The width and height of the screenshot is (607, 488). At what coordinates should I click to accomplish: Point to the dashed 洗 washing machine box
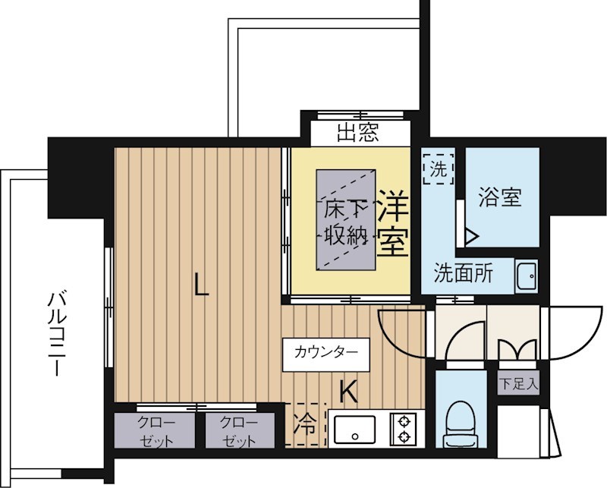[x=438, y=169]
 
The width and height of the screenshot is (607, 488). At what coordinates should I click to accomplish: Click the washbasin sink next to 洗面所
[x=524, y=275]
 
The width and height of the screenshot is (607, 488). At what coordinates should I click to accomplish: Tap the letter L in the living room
[x=200, y=285]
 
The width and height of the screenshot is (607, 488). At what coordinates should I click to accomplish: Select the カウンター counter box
[x=326, y=352]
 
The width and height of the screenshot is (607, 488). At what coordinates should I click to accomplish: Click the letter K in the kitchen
[x=348, y=392]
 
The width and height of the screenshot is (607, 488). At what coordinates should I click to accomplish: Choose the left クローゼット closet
[x=156, y=431]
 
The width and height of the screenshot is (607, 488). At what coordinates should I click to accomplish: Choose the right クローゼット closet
[x=239, y=431]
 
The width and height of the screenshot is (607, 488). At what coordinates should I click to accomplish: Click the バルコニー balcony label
[x=55, y=334]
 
